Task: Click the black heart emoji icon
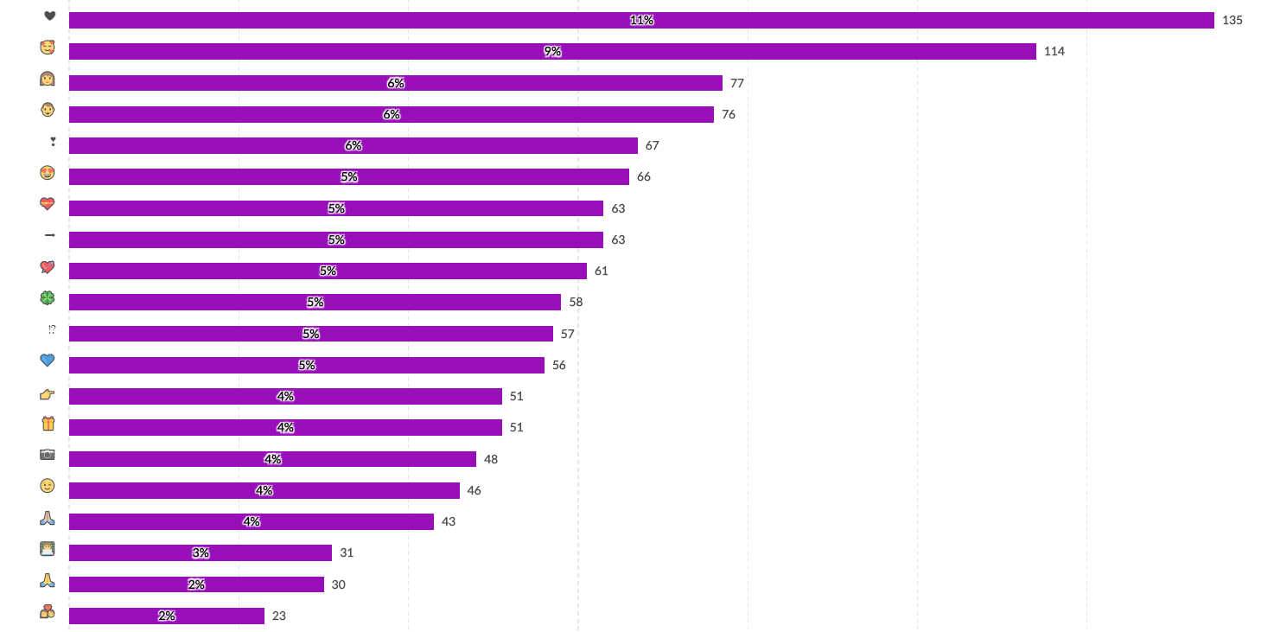49,16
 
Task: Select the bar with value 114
552,52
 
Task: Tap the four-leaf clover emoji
48,298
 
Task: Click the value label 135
1232,20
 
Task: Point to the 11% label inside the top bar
641,20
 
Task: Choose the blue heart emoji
48,361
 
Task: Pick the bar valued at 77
395,83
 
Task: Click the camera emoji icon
48,455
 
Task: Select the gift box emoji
48,424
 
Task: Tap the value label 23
278,616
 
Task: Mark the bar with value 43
251,521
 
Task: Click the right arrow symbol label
49,235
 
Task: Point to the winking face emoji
48,486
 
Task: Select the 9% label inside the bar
552,52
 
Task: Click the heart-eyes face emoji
48,173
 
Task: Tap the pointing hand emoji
48,394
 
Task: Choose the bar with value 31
200,552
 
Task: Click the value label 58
576,302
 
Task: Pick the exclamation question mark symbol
52,329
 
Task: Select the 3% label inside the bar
201,552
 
